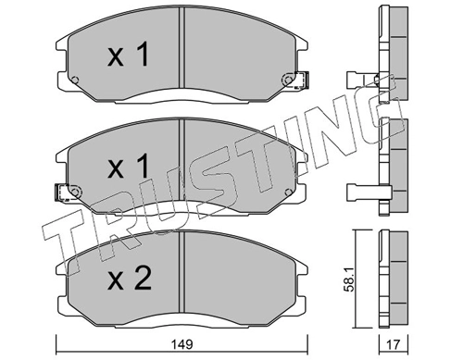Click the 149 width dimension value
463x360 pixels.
click(182, 344)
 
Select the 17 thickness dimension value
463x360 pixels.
click(394, 344)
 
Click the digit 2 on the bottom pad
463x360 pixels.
click(142, 279)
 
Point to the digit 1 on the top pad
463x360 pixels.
click(142, 55)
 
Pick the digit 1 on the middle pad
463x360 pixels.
click(142, 167)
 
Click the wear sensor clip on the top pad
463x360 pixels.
click(301, 80)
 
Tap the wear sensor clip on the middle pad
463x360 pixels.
click(62, 192)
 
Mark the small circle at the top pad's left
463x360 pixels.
click(75, 80)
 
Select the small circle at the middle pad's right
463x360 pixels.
click(288, 192)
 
